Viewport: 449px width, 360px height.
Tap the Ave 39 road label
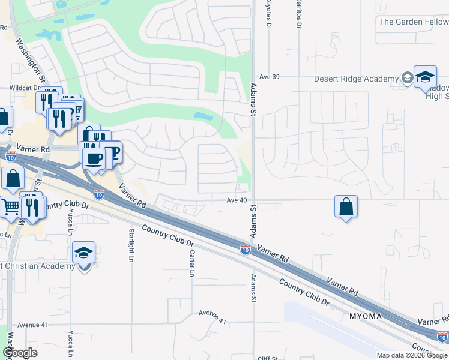click(270, 77)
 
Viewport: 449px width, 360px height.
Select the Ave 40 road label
click(237, 200)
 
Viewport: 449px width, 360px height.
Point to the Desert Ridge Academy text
click(357, 79)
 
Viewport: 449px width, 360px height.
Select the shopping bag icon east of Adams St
click(346, 207)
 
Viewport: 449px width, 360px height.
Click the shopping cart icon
click(10, 208)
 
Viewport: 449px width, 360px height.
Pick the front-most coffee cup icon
click(93, 158)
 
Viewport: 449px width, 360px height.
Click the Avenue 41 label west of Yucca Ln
click(33, 325)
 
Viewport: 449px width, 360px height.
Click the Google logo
click(20, 353)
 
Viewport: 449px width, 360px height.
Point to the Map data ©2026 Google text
click(411, 355)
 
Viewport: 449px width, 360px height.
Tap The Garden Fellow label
click(414, 22)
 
